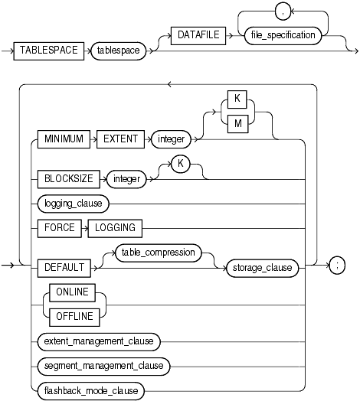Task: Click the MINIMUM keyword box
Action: point(62,140)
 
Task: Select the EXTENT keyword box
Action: point(123,140)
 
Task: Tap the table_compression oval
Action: point(156,253)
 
